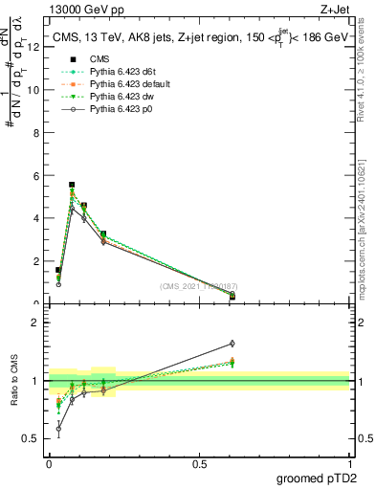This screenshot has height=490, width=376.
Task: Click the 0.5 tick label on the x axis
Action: tap(199, 463)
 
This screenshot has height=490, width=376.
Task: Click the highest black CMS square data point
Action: tap(72, 185)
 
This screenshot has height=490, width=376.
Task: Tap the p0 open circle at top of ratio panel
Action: tap(232, 344)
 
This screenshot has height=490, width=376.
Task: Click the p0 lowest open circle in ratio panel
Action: tap(58, 429)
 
